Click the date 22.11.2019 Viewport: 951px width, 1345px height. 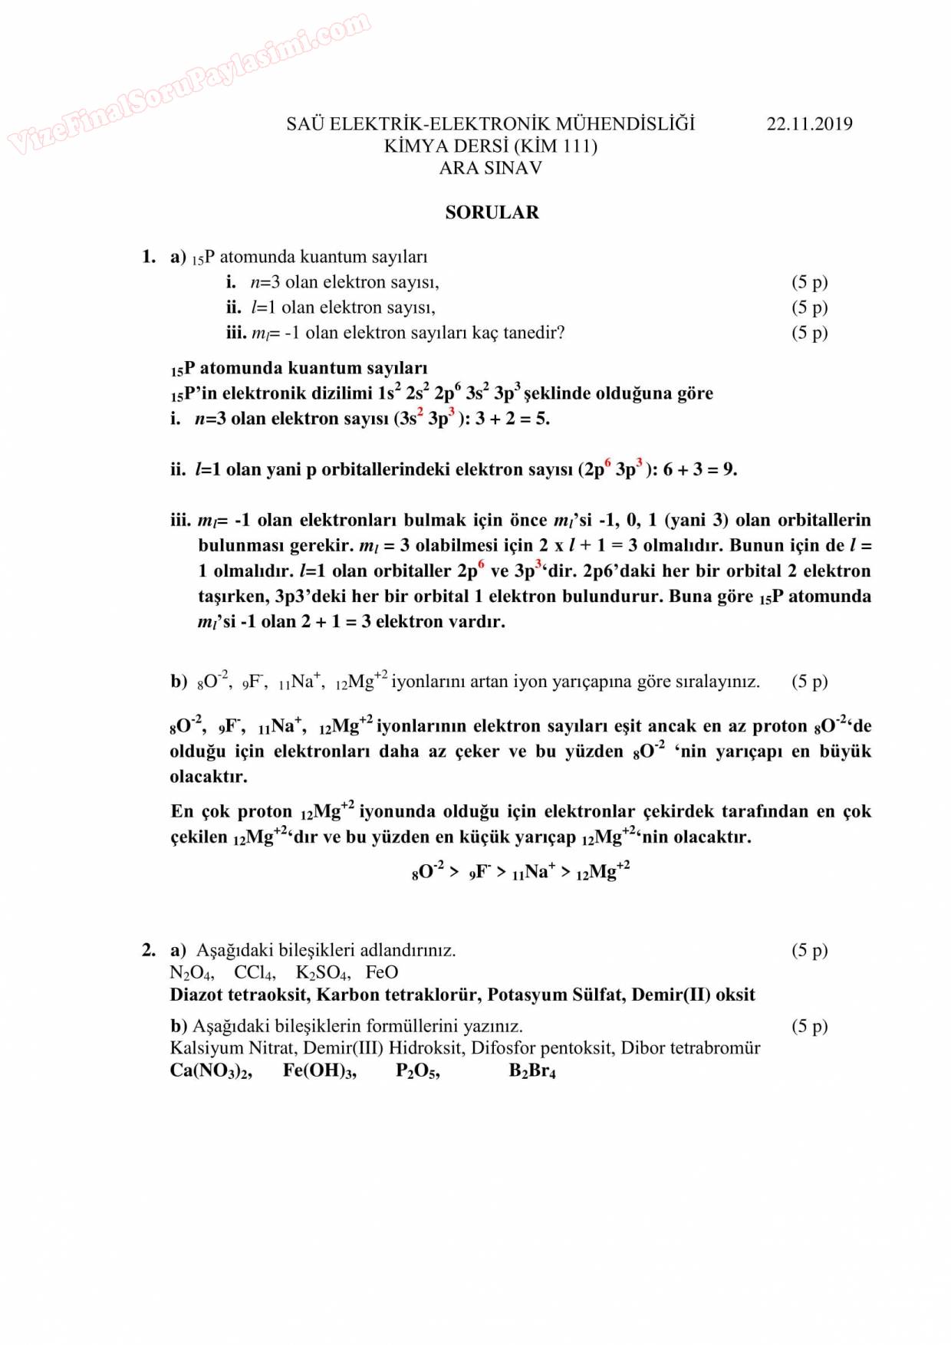809,124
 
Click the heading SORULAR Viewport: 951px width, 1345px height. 492,212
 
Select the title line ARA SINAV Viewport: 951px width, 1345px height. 491,168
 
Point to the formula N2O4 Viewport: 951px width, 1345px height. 191,973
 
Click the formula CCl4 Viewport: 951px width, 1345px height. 254,973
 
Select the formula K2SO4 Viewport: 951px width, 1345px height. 323,973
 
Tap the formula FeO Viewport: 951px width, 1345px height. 381,972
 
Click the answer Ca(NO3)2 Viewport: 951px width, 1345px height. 211,1071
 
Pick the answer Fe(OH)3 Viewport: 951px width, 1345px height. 319,1071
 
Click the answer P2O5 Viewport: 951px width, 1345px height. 417,1071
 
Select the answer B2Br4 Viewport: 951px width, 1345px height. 532,1071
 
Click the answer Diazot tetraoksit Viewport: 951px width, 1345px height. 239,995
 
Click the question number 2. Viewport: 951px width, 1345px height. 148,951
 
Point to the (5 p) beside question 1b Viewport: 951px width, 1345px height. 809,682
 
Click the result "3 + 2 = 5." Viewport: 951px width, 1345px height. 512,419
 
